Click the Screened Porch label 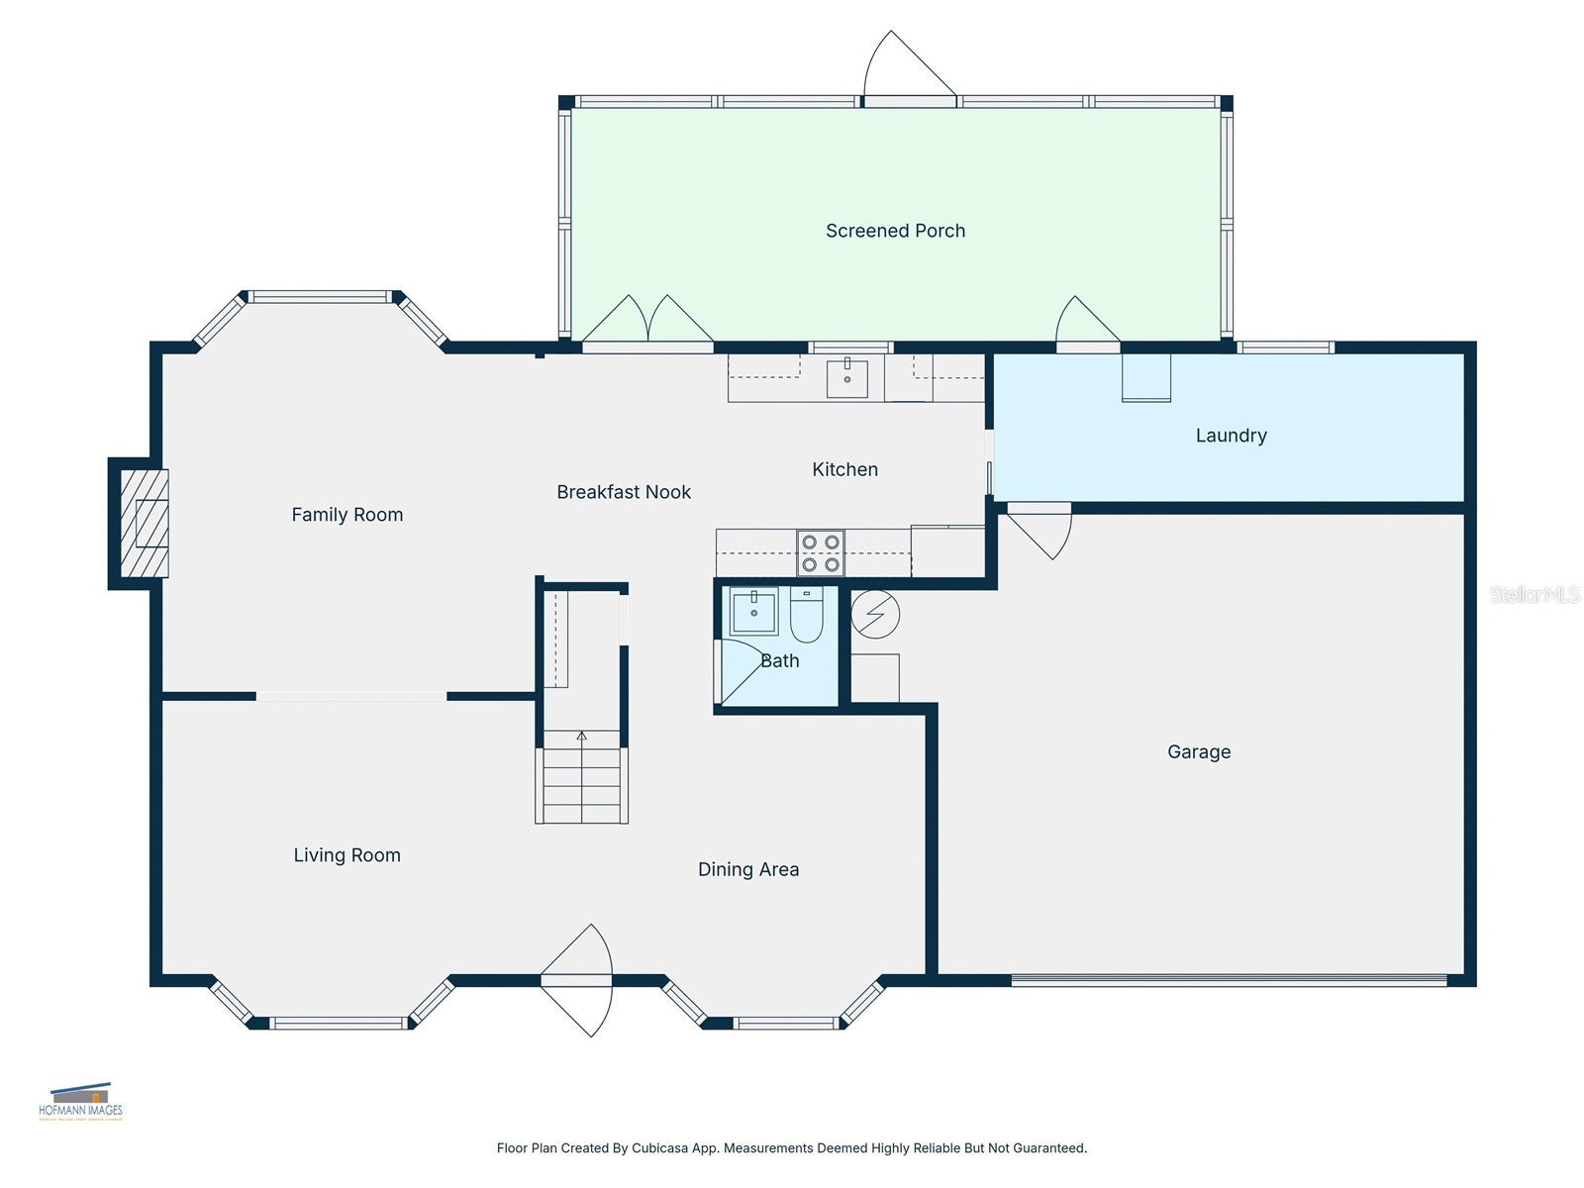(x=895, y=231)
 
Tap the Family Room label (x=346, y=515)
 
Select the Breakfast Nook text (x=624, y=492)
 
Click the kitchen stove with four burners (x=821, y=553)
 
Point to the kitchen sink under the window (x=847, y=378)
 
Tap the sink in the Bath (x=753, y=611)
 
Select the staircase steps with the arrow (x=582, y=777)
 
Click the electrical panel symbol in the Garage (x=875, y=614)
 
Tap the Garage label (x=1199, y=752)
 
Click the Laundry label (x=1231, y=436)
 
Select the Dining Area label (x=748, y=869)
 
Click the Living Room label (x=346, y=855)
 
